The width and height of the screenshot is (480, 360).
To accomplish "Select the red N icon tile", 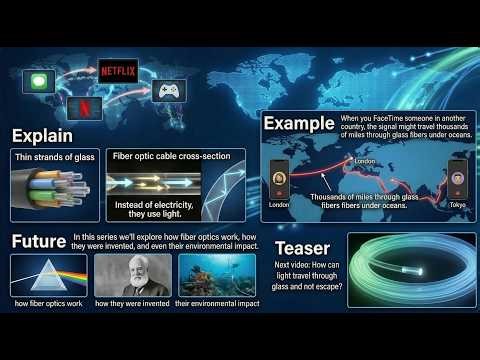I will coord(84,107).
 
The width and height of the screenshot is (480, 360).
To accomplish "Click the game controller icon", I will coord(167,92).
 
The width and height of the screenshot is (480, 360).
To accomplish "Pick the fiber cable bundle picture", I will coord(55,190).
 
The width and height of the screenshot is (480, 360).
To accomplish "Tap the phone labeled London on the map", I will coord(281,177).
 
